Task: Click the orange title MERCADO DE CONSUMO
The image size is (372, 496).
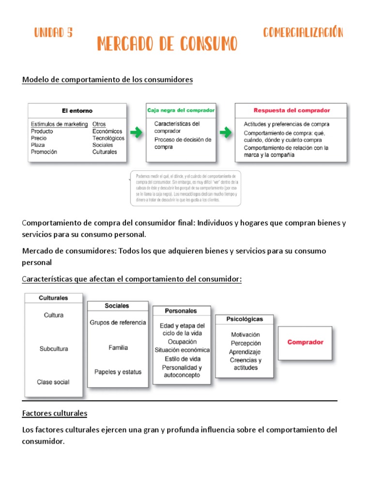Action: point(167,44)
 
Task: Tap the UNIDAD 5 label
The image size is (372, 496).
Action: point(53,33)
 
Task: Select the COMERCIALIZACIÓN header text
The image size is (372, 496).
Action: point(303,33)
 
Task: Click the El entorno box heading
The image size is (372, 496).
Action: point(77,111)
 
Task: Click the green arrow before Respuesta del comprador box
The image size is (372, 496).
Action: point(225,132)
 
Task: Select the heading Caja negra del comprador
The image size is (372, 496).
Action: point(181,110)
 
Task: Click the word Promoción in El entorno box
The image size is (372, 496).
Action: point(44,152)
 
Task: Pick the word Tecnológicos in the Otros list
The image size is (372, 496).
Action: point(108,138)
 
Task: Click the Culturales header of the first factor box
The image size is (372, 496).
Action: point(53,298)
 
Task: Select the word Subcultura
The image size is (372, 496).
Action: point(53,349)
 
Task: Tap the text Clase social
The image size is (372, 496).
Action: point(53,382)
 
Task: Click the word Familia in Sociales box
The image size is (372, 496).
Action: point(118,347)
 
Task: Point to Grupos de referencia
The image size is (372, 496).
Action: point(118,323)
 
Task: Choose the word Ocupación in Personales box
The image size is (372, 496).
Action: point(182,341)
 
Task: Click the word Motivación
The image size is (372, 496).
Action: point(245,335)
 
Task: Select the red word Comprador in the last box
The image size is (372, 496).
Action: point(305,342)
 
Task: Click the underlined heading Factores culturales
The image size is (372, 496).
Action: point(55,414)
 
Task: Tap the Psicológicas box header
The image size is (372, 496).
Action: point(245,319)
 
